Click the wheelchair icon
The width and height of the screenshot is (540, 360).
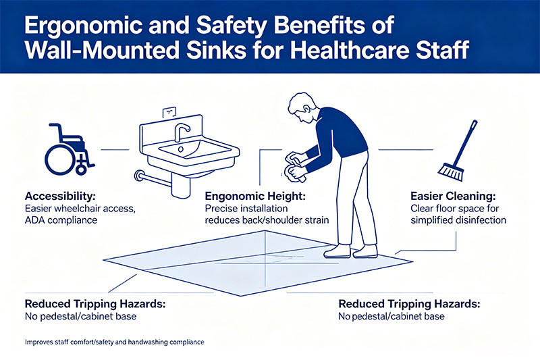[x=69, y=149]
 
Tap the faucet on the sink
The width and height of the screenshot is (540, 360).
[x=181, y=132]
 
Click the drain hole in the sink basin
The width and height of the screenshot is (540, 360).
[x=181, y=149]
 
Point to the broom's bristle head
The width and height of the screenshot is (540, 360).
[x=451, y=172]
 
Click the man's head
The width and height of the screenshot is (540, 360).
[x=301, y=107]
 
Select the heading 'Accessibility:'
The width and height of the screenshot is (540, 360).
[x=60, y=197]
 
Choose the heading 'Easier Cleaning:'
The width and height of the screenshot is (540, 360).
[x=453, y=197]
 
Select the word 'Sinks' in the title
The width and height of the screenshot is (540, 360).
[x=217, y=50]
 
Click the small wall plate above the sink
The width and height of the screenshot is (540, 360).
[x=169, y=112]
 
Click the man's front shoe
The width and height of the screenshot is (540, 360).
[x=337, y=251]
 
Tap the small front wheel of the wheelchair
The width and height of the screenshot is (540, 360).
[x=81, y=170]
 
